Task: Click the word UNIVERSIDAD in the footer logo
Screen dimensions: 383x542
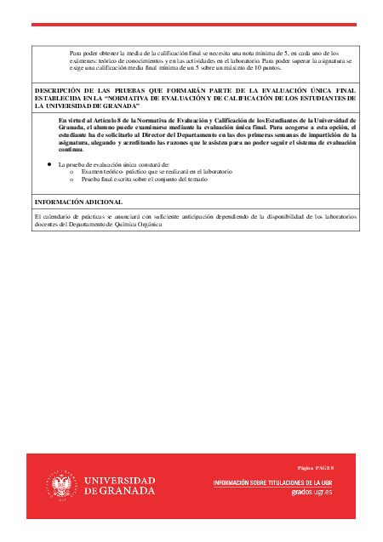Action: [x=119, y=481]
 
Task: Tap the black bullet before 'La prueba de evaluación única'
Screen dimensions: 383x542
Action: [x=49, y=163]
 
